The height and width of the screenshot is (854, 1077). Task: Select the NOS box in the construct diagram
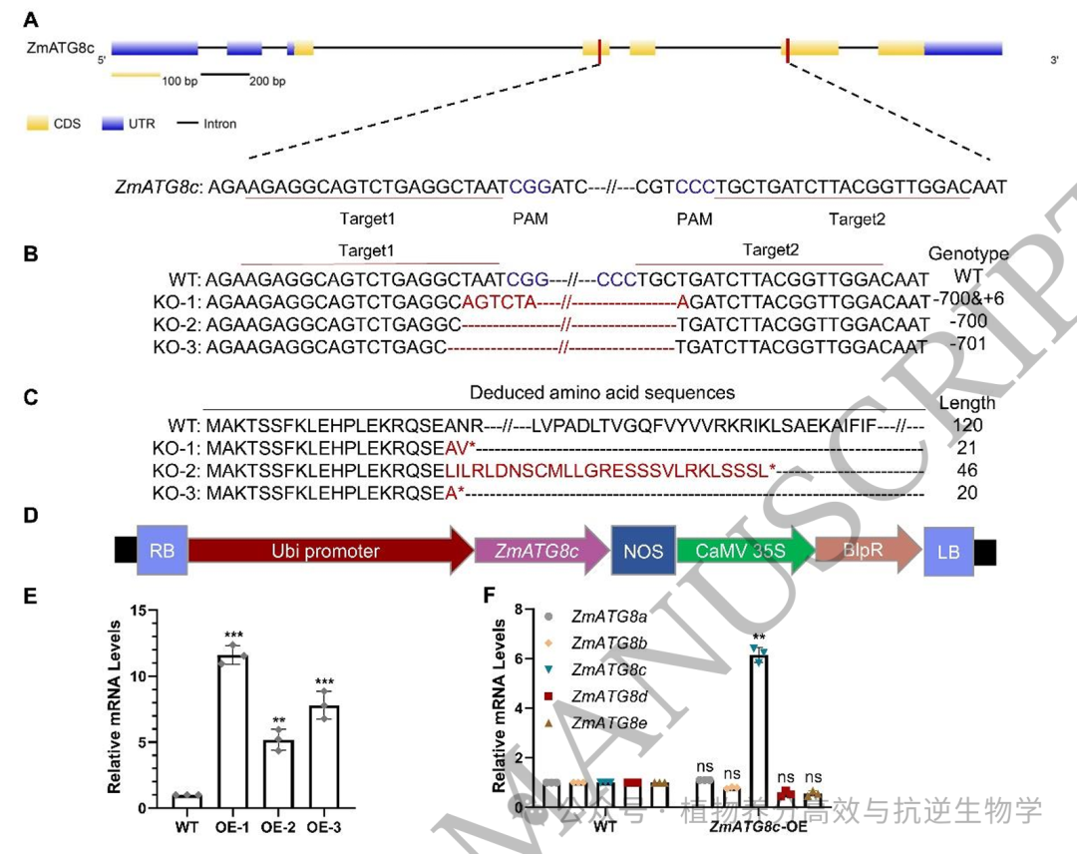(x=643, y=551)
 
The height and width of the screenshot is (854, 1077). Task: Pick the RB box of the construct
(x=162, y=551)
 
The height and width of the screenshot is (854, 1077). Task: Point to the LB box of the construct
(x=947, y=551)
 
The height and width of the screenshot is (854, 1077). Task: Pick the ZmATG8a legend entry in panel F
(x=594, y=618)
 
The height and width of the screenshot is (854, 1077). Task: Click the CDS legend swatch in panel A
(x=38, y=124)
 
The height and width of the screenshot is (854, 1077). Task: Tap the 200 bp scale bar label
(x=267, y=81)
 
